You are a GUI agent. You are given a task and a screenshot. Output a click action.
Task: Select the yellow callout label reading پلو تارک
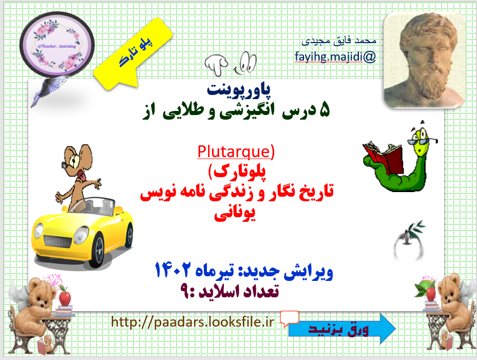[133, 54]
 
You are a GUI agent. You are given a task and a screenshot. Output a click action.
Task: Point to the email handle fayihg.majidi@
[335, 57]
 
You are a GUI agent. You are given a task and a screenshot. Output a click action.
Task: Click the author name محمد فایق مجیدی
[339, 41]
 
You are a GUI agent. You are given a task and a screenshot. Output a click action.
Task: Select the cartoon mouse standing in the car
[78, 177]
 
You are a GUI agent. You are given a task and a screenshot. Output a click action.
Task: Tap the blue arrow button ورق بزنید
[341, 329]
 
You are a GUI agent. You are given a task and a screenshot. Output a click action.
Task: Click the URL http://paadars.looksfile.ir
[193, 322]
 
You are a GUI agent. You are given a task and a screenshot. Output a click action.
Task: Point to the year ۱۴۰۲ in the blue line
[174, 270]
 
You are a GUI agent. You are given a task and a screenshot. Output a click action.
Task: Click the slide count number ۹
[185, 291]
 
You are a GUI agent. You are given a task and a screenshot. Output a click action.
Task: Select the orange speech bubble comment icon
[289, 318]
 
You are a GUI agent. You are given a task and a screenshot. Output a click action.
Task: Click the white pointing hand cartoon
[216, 64]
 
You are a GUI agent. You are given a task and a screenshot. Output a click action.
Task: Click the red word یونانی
[235, 214]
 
